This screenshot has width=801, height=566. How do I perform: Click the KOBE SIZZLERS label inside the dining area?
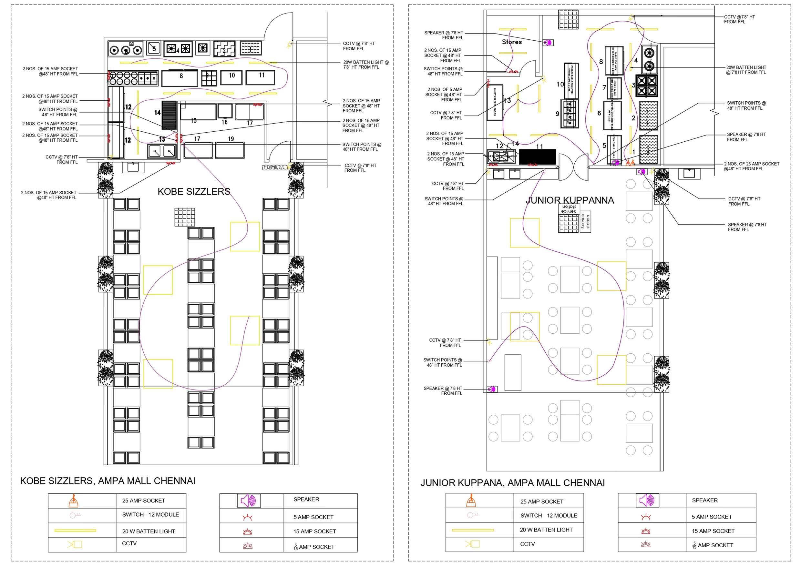[x=194, y=191]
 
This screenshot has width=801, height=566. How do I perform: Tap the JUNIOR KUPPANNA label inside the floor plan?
[x=570, y=200]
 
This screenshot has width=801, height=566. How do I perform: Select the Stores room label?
[x=512, y=42]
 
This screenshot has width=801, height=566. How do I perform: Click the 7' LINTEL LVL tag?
[x=275, y=167]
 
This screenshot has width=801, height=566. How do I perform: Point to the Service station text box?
[x=569, y=209]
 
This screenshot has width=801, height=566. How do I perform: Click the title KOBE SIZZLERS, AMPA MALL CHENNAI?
[x=108, y=481]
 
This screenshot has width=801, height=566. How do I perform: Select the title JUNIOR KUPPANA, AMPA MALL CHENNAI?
[x=512, y=483]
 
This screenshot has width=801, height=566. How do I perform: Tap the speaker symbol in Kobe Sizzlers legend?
[x=249, y=501]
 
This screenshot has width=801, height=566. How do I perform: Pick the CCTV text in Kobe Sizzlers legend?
[x=129, y=543]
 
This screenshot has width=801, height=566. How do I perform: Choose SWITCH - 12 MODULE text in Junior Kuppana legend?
[x=549, y=515]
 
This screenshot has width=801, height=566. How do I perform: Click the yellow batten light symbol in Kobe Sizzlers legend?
[x=75, y=531]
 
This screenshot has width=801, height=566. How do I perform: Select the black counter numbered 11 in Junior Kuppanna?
[x=537, y=156]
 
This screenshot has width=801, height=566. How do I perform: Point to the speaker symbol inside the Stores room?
[x=548, y=43]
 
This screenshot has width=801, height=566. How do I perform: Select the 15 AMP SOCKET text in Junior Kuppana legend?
[x=713, y=531]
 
